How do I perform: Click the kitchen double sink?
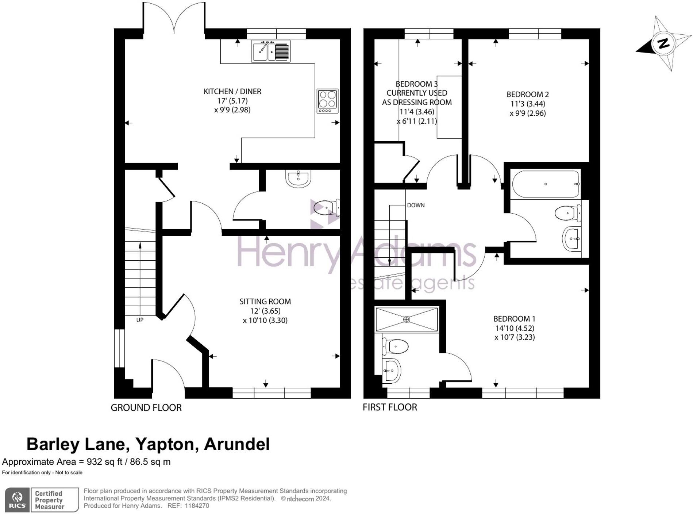[x=270, y=51]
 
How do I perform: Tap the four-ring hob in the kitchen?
[x=327, y=101]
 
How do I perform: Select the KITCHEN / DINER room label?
[x=232, y=91]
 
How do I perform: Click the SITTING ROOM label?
[x=265, y=302]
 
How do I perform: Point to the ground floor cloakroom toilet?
[x=326, y=208]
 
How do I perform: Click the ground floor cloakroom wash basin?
[x=299, y=178]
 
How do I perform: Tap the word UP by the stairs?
[x=140, y=320]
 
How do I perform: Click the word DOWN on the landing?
[x=416, y=205]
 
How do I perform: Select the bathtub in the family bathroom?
[x=546, y=184]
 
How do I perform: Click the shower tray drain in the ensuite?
[x=407, y=319]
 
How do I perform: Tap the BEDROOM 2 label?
[x=527, y=94]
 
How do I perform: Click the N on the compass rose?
[x=663, y=43]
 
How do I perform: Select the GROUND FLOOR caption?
[x=146, y=407]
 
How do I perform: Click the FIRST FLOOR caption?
[x=389, y=407]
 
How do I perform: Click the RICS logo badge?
[x=17, y=499]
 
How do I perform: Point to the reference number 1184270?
[x=197, y=506]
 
